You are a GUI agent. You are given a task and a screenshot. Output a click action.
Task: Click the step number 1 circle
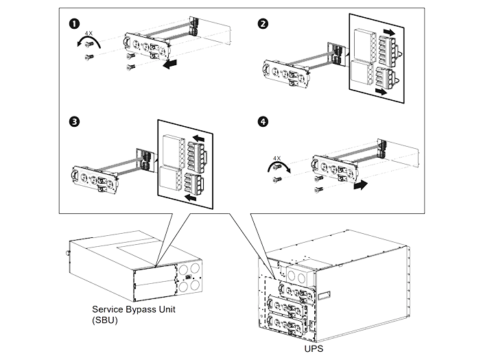[74, 23]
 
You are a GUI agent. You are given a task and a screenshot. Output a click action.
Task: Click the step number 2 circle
[263, 23]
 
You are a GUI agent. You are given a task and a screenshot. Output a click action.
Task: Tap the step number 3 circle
[74, 121]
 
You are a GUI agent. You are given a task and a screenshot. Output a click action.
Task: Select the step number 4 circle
[263, 121]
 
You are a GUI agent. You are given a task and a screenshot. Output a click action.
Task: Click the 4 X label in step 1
[89, 33]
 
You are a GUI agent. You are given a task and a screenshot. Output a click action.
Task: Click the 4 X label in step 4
[277, 158]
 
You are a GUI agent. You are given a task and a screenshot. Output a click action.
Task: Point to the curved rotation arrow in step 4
[279, 165]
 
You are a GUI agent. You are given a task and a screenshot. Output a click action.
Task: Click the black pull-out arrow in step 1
[170, 64]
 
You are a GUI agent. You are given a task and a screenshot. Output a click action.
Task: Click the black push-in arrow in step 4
[360, 184]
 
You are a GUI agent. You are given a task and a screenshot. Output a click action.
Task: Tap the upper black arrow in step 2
[389, 32]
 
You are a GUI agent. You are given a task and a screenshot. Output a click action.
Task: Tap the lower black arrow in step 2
[382, 91]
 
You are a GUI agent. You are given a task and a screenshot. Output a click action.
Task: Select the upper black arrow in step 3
[199, 139]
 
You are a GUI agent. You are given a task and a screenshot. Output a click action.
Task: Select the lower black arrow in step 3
[191, 197]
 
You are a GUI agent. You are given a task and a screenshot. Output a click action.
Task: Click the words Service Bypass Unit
[134, 309]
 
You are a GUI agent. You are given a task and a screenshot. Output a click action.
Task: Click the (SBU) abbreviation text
[105, 320]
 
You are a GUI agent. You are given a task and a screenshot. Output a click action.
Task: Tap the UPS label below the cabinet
[314, 348]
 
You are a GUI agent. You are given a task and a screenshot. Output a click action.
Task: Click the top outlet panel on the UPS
[296, 291]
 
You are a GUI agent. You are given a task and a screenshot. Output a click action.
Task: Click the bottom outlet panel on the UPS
[287, 325]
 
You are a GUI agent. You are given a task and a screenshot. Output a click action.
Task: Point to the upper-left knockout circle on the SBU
[183, 270]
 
